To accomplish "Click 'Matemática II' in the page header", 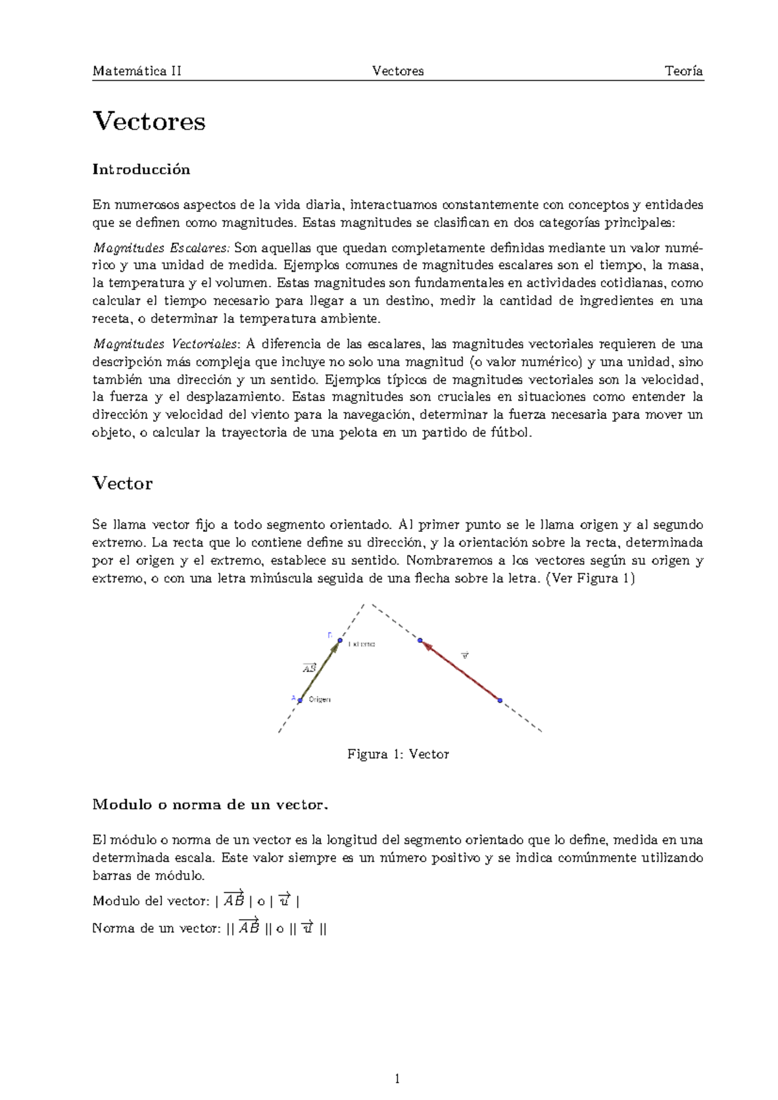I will click(137, 71).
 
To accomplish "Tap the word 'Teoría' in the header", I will click(683, 71).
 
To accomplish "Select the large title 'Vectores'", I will click(149, 121).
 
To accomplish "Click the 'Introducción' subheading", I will click(141, 169).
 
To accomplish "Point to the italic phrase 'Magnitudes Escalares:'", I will click(161, 248).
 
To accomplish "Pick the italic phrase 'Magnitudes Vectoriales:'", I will click(167, 344).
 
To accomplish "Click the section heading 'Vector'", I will click(123, 484).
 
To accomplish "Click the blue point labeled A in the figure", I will click(300, 700).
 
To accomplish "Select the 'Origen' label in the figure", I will click(320, 699).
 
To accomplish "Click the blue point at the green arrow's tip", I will click(339, 641).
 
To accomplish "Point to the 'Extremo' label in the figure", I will click(361, 644).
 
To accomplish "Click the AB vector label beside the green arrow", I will click(309, 668).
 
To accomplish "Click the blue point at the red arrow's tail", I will click(500, 700).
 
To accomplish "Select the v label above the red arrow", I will click(464, 656).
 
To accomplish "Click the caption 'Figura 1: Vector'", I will click(398, 754).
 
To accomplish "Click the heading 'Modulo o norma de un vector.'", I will click(211, 805).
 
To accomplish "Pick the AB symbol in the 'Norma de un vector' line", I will click(249, 927).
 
